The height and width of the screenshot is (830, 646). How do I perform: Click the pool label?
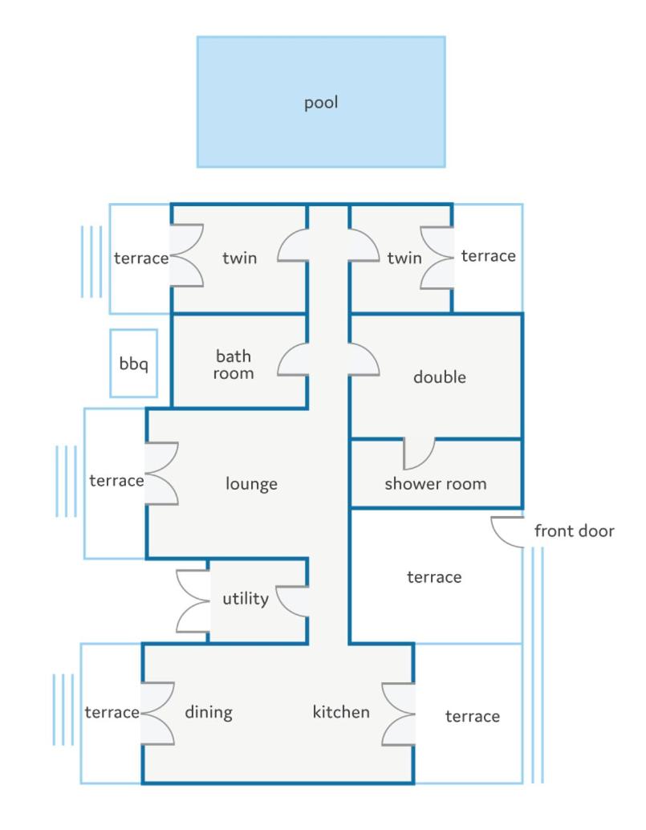tap(321, 103)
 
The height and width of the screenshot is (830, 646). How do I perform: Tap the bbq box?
tap(134, 363)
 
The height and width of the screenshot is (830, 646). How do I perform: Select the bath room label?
tap(234, 364)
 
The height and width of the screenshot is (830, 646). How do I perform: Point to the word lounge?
tap(251, 484)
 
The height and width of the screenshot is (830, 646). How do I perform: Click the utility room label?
tap(246, 599)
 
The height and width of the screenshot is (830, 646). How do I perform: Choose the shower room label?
tap(436, 483)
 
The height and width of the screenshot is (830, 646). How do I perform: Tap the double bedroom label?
tap(440, 377)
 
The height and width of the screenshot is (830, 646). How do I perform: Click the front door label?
tap(574, 531)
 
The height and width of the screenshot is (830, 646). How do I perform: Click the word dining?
tap(209, 713)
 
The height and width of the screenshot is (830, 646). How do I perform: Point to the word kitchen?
tap(341, 712)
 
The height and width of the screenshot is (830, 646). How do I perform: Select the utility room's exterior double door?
tap(193, 600)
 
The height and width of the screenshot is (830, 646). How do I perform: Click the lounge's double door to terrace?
tap(161, 473)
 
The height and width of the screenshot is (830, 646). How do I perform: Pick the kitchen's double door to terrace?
tap(398, 714)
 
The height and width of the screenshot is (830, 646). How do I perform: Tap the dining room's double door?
tap(157, 714)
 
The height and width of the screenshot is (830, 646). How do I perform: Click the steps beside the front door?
tap(538, 665)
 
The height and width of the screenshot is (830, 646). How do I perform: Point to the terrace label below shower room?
tap(434, 577)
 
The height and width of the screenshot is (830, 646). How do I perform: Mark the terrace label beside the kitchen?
tap(473, 716)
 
